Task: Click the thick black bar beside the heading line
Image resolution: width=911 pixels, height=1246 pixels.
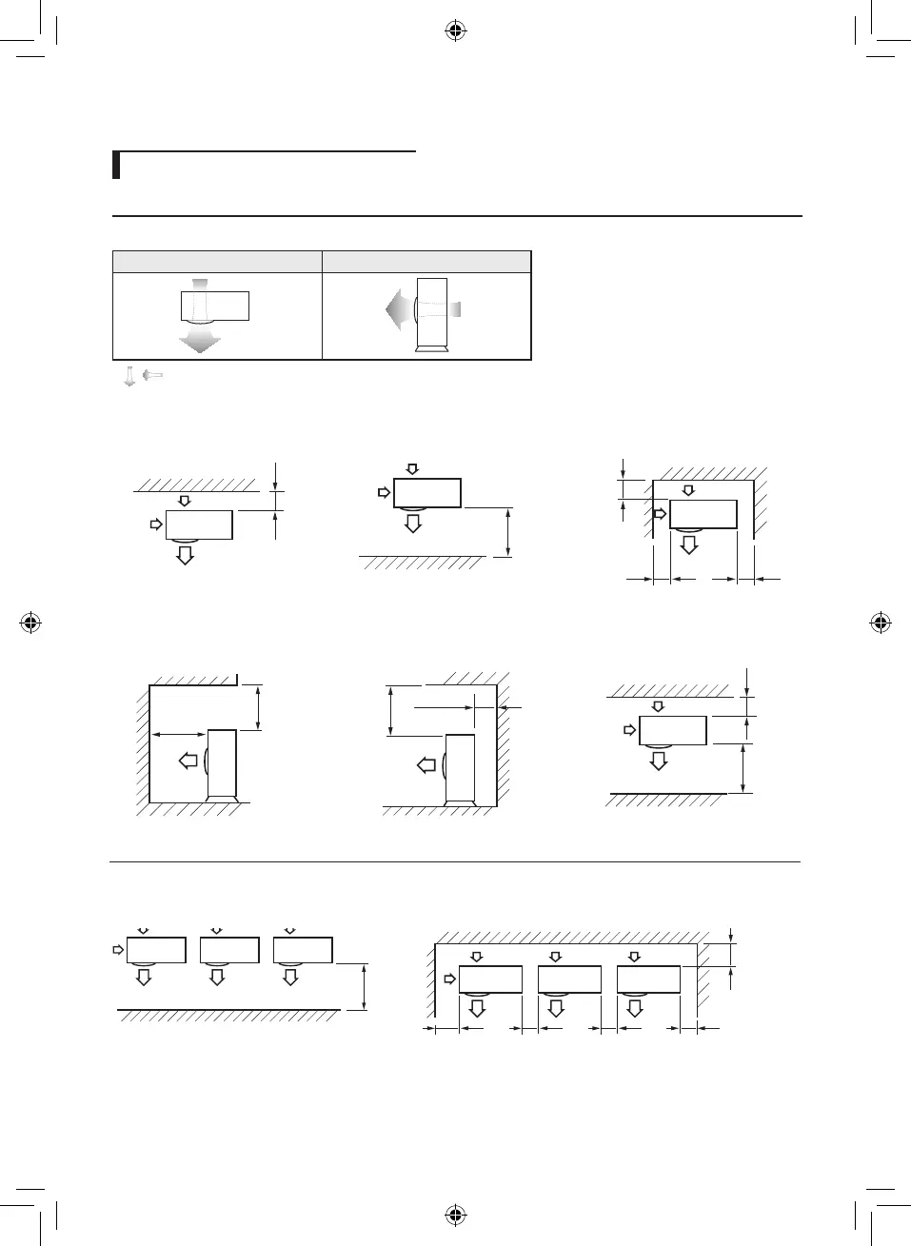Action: tap(116, 165)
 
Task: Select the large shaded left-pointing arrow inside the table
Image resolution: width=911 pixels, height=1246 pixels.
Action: tap(398, 309)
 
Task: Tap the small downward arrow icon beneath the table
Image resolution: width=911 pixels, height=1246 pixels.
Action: tap(129, 377)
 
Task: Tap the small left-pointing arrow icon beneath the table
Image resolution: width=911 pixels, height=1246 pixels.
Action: tap(152, 376)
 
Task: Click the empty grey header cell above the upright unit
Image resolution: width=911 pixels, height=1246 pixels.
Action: tap(426, 262)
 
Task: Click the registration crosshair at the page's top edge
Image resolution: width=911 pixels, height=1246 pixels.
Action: tap(455, 31)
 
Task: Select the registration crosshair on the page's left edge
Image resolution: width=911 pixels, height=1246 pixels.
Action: tap(30, 623)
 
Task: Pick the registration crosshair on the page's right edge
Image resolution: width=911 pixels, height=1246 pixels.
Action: tap(881, 623)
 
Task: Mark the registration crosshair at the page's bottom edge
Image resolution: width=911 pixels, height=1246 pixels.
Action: tap(455, 1215)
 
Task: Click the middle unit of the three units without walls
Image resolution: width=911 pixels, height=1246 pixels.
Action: tap(229, 950)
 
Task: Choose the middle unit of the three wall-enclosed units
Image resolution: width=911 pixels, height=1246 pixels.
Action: tap(569, 979)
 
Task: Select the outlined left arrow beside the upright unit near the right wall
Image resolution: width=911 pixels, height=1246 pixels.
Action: tap(426, 763)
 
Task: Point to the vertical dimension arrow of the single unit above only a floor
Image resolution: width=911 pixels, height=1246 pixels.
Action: tap(509, 531)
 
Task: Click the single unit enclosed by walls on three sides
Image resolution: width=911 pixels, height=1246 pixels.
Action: tap(703, 514)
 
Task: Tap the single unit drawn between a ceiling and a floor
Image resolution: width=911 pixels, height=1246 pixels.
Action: tap(672, 730)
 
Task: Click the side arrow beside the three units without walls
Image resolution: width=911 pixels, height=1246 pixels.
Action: tap(118, 949)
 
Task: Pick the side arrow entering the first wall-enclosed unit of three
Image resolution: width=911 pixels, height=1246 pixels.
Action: tap(450, 979)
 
